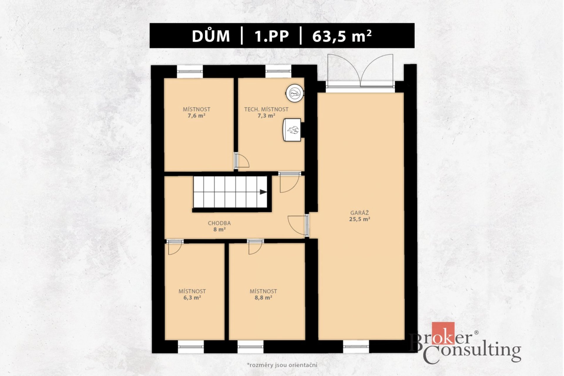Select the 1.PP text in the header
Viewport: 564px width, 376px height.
click(x=271, y=36)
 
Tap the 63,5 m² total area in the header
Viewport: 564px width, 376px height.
click(x=342, y=36)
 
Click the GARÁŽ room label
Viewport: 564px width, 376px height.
click(x=360, y=213)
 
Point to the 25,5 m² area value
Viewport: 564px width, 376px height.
click(x=360, y=219)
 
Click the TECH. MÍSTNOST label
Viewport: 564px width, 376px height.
click(x=266, y=109)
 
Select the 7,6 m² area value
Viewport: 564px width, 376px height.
click(x=196, y=116)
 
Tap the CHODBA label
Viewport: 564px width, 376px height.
click(x=219, y=223)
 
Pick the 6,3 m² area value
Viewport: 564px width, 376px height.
click(x=192, y=298)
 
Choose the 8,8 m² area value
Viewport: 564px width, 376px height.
click(x=263, y=298)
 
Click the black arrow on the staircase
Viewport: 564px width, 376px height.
click(x=263, y=192)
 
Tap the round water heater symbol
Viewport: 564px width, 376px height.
click(x=295, y=93)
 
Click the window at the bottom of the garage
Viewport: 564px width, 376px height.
click(x=356, y=347)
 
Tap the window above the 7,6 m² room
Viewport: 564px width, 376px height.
click(x=190, y=71)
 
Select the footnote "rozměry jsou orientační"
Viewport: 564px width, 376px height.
click(x=283, y=365)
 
